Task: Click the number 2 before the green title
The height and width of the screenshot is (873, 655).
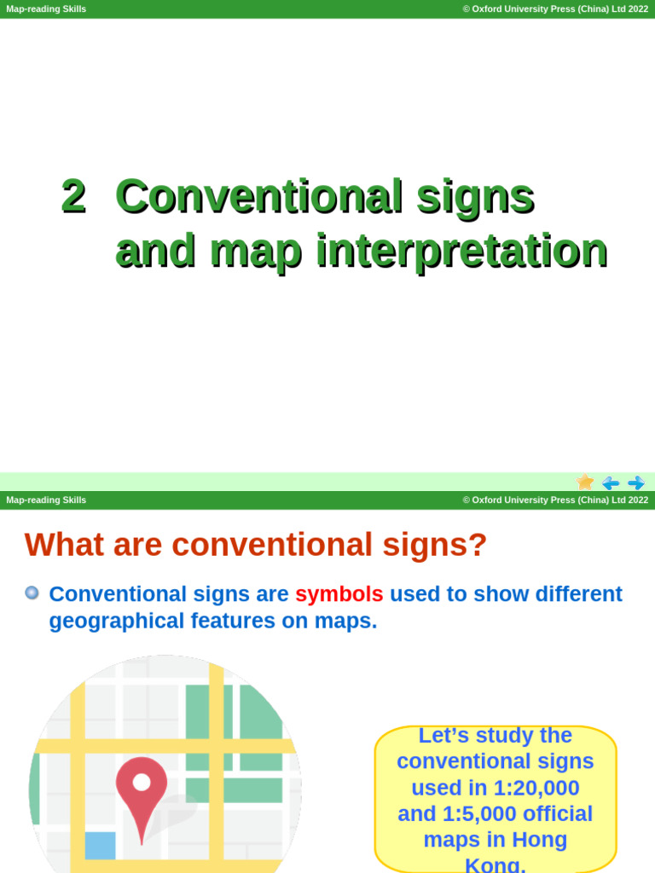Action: pyautogui.click(x=73, y=196)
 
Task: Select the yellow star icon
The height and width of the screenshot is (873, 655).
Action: pyautogui.click(x=585, y=483)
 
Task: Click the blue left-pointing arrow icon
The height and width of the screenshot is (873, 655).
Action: pyautogui.click(x=611, y=483)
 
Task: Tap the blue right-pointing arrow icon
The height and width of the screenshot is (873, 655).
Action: pyautogui.click(x=636, y=483)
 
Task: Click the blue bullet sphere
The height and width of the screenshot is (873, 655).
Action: pyautogui.click(x=32, y=593)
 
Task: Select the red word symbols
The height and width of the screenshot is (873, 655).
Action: pyautogui.click(x=339, y=593)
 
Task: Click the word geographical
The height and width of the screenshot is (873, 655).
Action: pyautogui.click(x=117, y=621)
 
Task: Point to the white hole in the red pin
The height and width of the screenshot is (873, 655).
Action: pyautogui.click(x=142, y=781)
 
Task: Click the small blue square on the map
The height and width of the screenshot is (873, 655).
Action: pyautogui.click(x=100, y=845)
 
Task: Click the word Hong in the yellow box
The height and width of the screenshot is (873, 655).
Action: pyautogui.click(x=541, y=840)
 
